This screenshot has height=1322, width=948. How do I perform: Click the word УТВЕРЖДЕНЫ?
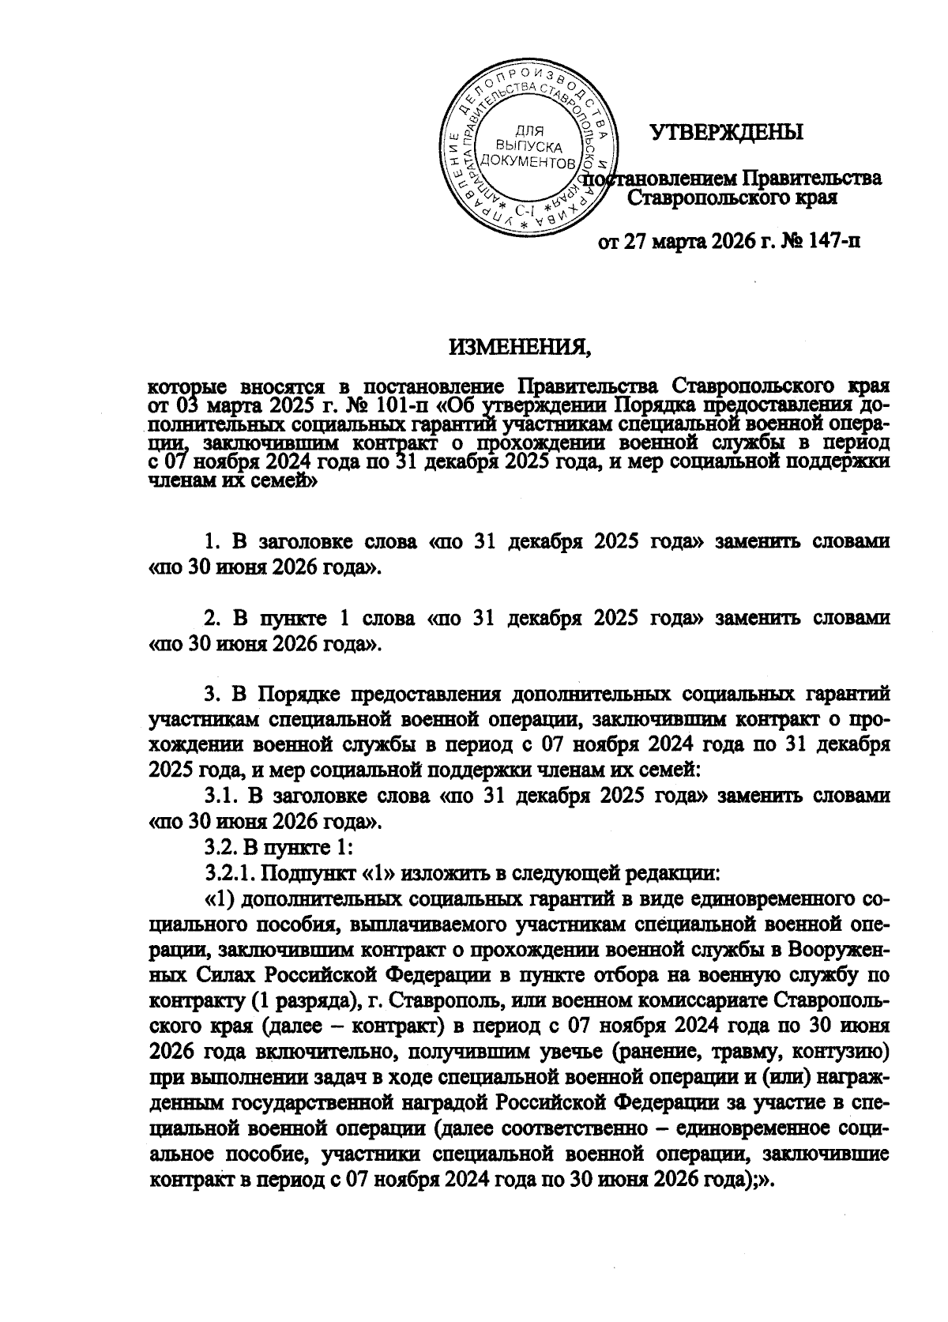point(726,132)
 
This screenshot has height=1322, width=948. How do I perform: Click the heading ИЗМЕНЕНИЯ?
point(520,347)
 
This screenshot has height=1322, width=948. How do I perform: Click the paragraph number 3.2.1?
point(230,873)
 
